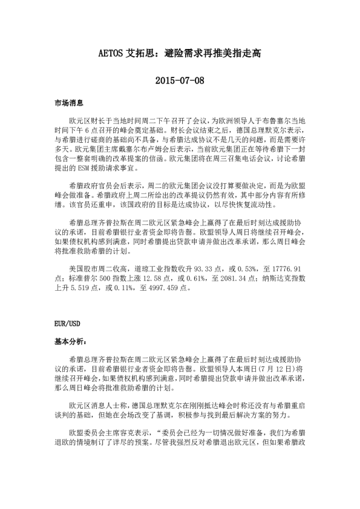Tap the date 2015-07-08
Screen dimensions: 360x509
(180, 80)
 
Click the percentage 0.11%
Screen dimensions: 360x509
(119, 288)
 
